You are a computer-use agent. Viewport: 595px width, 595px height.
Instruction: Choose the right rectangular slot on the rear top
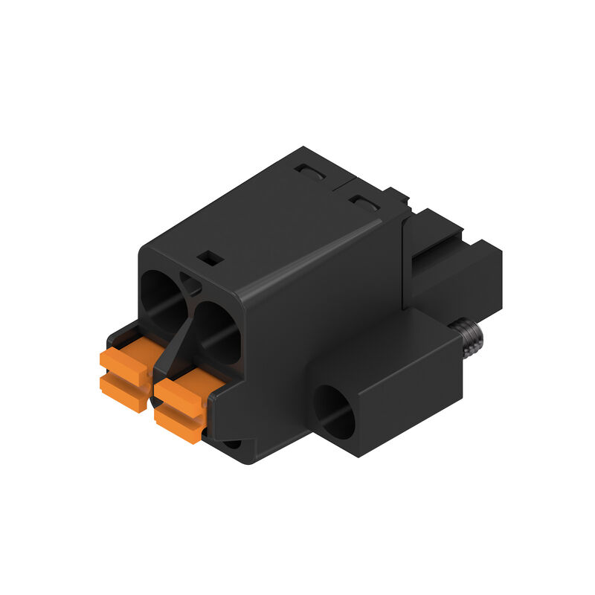[364, 202]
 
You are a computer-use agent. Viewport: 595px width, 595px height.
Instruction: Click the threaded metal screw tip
[469, 336]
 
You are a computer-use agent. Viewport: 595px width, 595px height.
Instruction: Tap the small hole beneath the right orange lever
[233, 444]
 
